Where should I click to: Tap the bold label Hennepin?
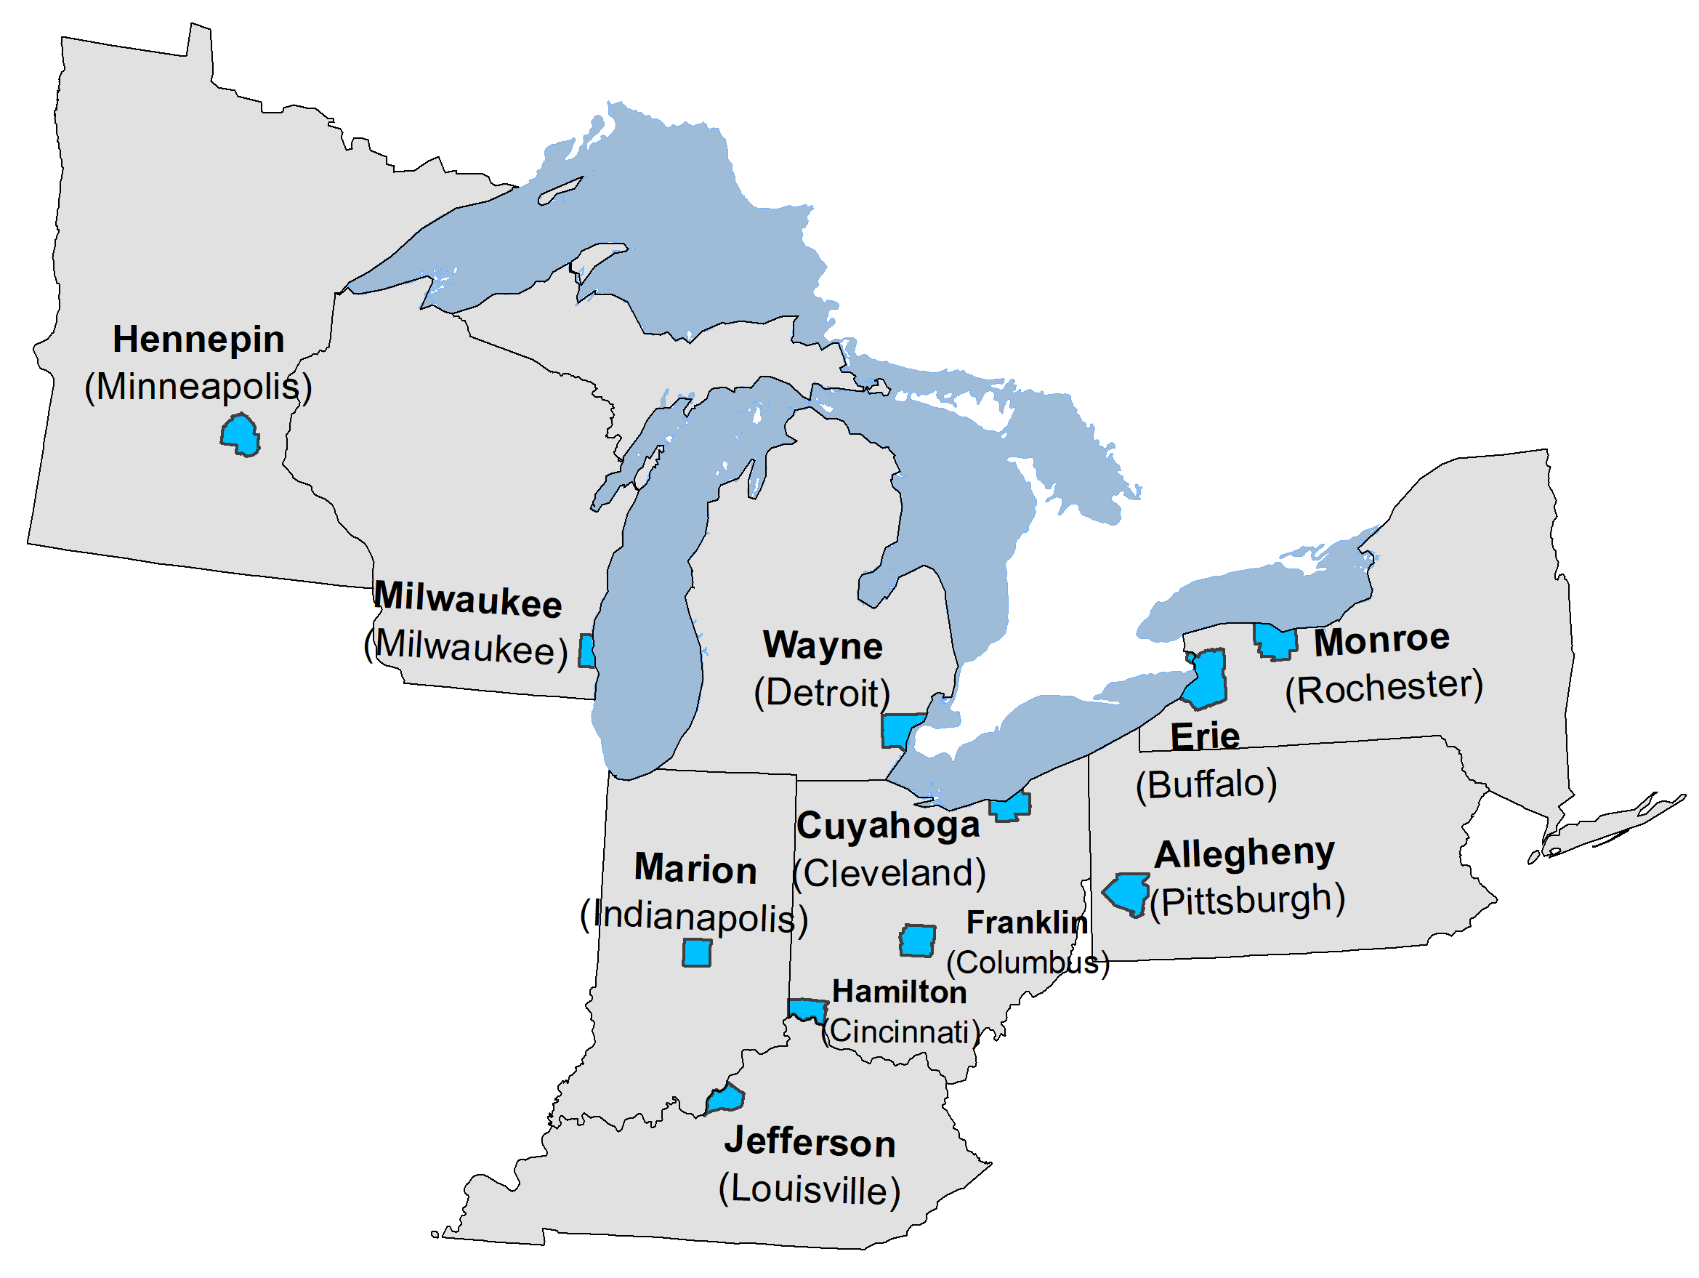(198, 339)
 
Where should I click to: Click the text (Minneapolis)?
(198, 387)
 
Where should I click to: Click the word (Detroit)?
(822, 694)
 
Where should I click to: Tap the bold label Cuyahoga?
(889, 826)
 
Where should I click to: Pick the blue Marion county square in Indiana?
(697, 954)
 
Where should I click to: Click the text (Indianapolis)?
(694, 917)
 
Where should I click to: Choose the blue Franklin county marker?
(917, 941)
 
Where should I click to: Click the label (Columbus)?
(1028, 963)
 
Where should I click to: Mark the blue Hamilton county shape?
(807, 1009)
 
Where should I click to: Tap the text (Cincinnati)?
(901, 1032)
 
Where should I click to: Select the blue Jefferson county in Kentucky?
(726, 1099)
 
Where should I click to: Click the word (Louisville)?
(810, 1190)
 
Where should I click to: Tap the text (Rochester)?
(1384, 688)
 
